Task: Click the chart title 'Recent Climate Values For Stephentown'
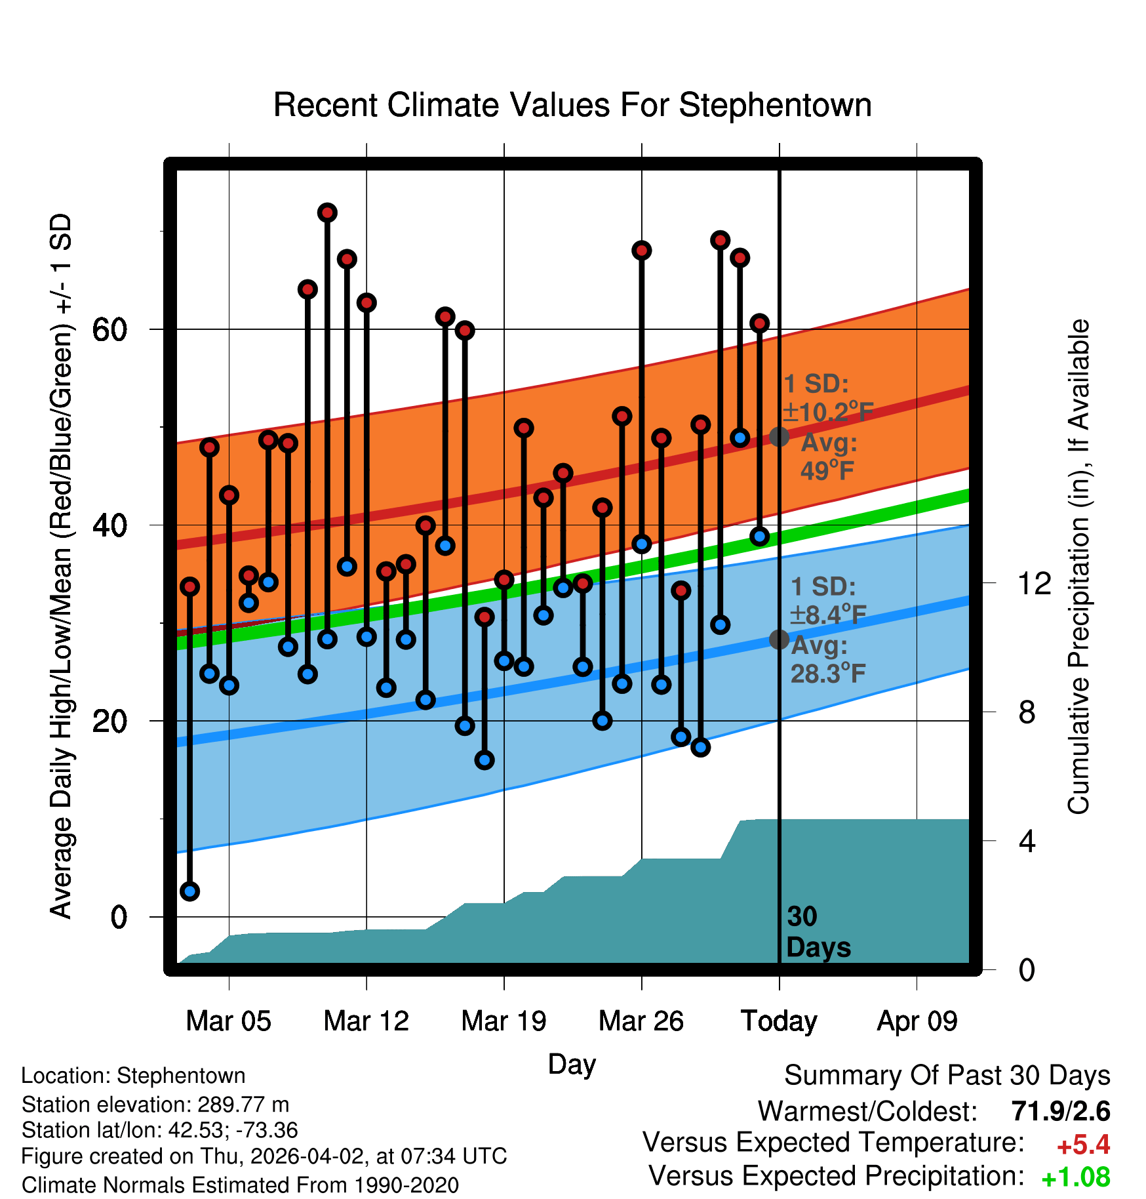[x=572, y=105]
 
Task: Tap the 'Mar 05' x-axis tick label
[x=228, y=1021]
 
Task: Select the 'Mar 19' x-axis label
[x=504, y=1021]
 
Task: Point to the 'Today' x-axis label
[x=779, y=1021]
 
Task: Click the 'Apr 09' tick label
[x=917, y=1021]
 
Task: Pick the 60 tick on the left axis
[x=109, y=329]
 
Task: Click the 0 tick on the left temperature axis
[x=118, y=916]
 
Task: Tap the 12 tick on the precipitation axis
[x=1035, y=583]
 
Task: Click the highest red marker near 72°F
[x=327, y=213]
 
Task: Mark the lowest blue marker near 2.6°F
[x=190, y=891]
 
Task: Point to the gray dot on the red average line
[x=779, y=436]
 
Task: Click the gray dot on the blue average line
[x=779, y=639]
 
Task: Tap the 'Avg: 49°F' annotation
[x=828, y=457]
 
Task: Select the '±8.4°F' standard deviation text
[x=828, y=615]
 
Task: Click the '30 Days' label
[x=818, y=932]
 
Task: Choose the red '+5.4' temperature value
[x=1083, y=1145]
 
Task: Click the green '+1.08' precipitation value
[x=1075, y=1178]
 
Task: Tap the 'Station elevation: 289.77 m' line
[x=155, y=1105]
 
